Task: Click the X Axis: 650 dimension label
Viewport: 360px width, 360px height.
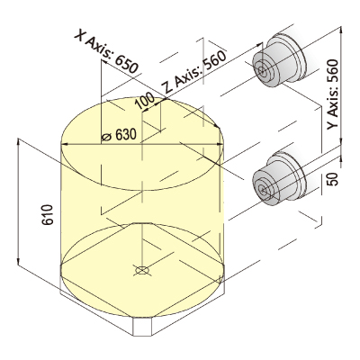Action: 106,51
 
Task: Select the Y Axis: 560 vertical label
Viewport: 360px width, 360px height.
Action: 332,94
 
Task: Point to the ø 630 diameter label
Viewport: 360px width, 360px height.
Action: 119,136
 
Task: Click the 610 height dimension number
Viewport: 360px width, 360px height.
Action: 48,215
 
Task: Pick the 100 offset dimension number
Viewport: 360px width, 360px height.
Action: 144,101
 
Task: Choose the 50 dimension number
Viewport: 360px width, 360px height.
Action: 333,179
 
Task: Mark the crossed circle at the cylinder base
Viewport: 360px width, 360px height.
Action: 142,270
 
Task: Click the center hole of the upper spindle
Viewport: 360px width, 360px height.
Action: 262,71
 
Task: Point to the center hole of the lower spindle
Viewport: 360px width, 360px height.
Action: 262,190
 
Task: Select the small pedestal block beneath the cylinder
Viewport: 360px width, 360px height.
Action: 142,326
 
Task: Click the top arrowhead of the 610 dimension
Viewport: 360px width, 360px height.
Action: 19,141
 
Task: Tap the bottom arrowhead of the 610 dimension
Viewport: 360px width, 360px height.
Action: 19,260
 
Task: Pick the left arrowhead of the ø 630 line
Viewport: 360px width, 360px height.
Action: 65,145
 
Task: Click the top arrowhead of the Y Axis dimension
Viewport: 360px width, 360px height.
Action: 341,30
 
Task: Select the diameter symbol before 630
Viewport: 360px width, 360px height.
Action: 106,137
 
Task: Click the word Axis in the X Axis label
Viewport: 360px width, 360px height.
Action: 98,46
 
